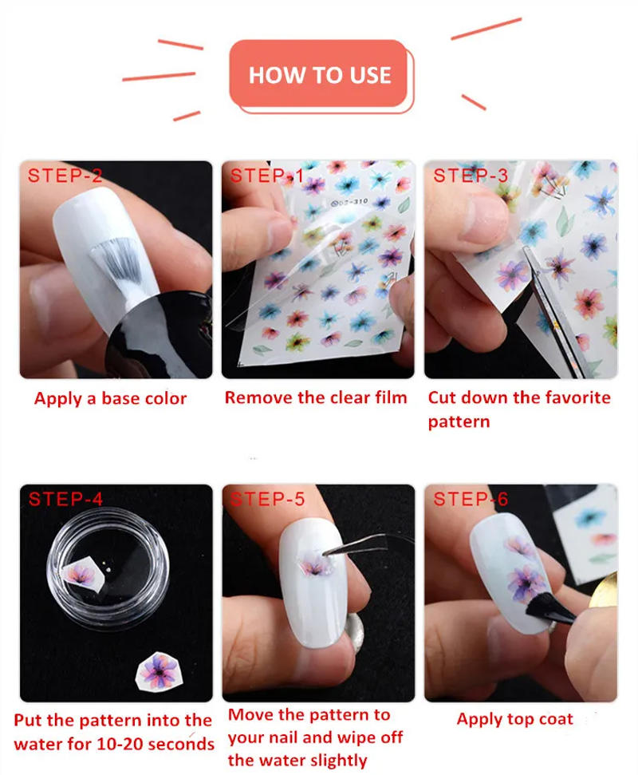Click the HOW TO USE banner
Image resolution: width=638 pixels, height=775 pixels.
(320, 75)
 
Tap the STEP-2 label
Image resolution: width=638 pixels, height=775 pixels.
(65, 176)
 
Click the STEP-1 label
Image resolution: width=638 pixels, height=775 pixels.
(267, 176)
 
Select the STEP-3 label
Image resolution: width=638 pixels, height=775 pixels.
(471, 176)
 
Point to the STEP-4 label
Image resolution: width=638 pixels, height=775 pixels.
(65, 500)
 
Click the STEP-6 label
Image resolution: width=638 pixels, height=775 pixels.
(471, 500)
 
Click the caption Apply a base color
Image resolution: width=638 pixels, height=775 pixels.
(110, 398)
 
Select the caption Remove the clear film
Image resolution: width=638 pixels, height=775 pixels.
(316, 397)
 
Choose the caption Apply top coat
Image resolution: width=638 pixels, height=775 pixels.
(514, 719)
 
